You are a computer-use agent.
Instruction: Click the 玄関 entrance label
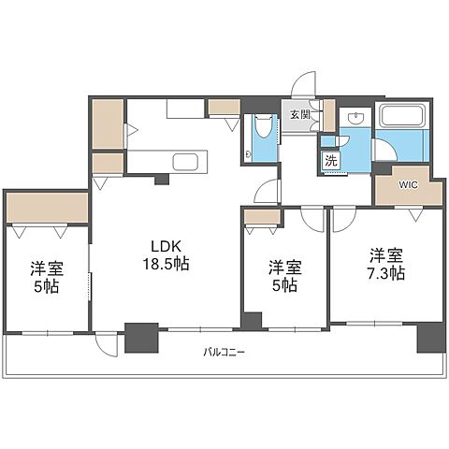[x=300, y=114]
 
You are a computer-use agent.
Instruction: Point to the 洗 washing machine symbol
[x=331, y=161]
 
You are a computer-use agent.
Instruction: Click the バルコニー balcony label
[x=224, y=353]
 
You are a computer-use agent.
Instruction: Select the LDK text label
[x=166, y=246]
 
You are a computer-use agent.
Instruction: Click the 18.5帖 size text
[x=167, y=264]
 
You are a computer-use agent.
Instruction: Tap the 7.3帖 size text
[x=385, y=273]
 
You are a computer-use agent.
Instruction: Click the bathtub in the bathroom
[x=402, y=117]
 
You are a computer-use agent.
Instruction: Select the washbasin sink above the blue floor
[x=355, y=118]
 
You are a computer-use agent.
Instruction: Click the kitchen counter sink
[x=186, y=162]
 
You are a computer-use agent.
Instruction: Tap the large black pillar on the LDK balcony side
[x=141, y=338]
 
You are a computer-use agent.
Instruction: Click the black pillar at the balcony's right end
[x=431, y=338]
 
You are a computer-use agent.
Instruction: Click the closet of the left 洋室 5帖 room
[x=47, y=208]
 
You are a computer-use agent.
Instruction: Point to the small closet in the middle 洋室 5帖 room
[x=262, y=217]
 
